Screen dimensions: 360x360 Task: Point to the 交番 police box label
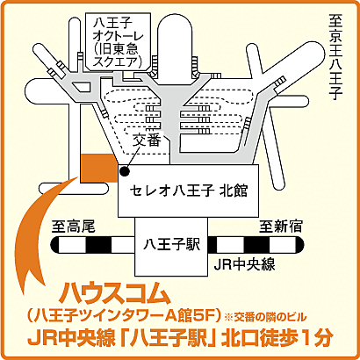148,140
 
